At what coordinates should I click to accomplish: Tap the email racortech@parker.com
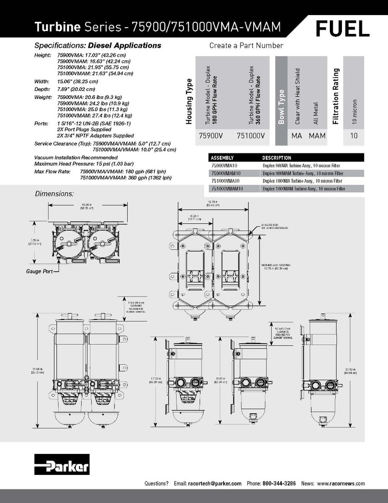pyautogui.click(x=214, y=484)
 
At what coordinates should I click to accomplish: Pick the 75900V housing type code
pyautogui.click(x=208, y=136)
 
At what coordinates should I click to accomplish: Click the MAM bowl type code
pyautogui.click(x=318, y=136)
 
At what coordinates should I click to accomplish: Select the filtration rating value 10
pyautogui.click(x=354, y=136)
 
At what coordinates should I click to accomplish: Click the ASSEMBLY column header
pyautogui.click(x=223, y=158)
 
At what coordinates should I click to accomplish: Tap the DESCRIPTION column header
pyautogui.click(x=277, y=158)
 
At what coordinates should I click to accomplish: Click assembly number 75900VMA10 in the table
pyautogui.click(x=226, y=166)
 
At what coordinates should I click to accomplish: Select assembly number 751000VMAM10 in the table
pyautogui.click(x=229, y=188)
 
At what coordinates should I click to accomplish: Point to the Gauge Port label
pyautogui.click(x=40, y=271)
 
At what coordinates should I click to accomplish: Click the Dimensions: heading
pyautogui.click(x=54, y=194)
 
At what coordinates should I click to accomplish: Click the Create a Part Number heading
pyautogui.click(x=246, y=46)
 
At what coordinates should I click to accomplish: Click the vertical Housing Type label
pyautogui.click(x=190, y=104)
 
